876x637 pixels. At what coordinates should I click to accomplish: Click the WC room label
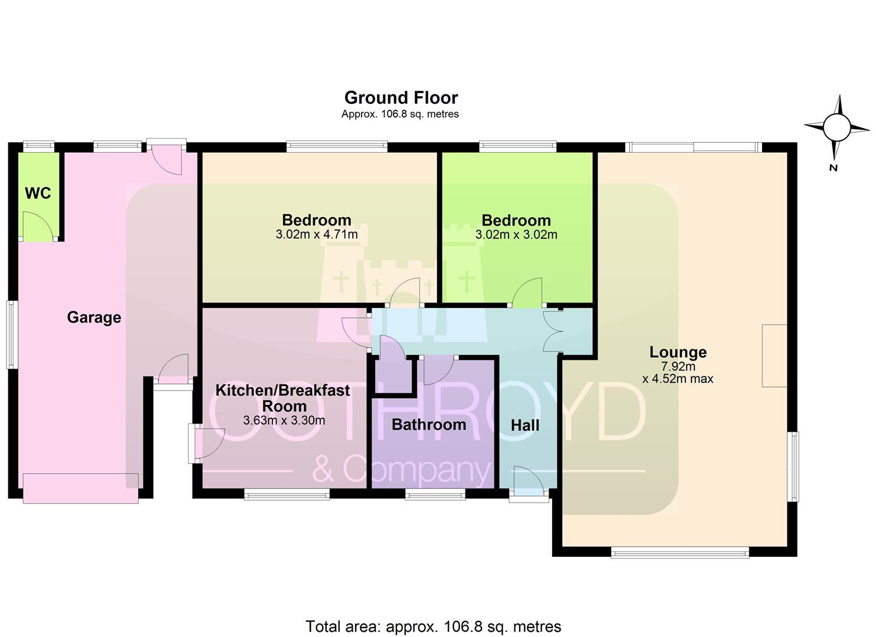[38, 193]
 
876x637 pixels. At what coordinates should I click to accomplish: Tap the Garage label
[94, 317]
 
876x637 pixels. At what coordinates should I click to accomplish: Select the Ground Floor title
[401, 98]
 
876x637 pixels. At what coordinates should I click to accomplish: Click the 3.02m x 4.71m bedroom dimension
[317, 235]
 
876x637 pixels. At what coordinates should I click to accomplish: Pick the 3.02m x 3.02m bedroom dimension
[516, 235]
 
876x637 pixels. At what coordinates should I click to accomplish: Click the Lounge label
[678, 352]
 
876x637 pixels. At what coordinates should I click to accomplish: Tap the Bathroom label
[429, 425]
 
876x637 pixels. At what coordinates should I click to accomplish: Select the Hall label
[525, 425]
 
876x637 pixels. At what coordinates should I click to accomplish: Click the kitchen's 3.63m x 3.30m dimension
[284, 421]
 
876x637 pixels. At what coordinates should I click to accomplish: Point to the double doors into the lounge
[553, 331]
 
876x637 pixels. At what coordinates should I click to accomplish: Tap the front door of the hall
[529, 482]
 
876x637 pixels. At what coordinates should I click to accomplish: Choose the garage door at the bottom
[81, 488]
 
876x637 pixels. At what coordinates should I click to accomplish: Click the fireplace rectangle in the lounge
[775, 356]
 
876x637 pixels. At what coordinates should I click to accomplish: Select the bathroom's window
[435, 495]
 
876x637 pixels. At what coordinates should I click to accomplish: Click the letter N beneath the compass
[834, 168]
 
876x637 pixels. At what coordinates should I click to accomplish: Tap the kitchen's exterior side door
[206, 444]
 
